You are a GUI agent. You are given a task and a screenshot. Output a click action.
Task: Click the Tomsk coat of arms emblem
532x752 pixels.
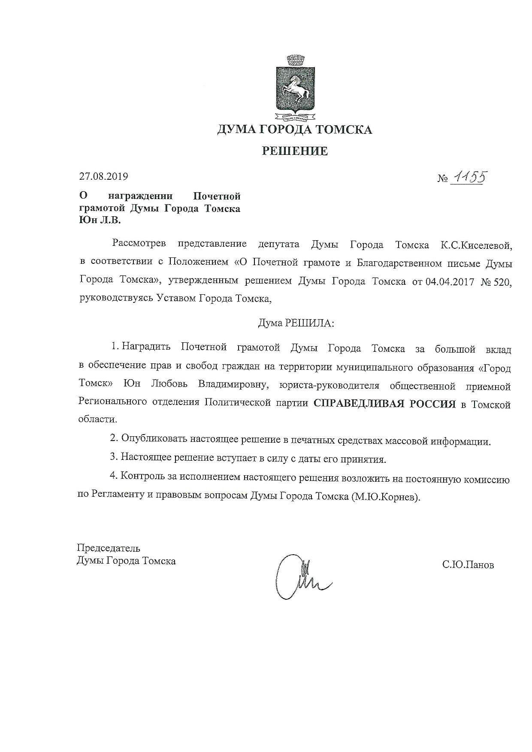pyautogui.click(x=295, y=88)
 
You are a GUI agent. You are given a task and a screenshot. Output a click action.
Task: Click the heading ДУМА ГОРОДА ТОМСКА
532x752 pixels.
pyautogui.click(x=295, y=130)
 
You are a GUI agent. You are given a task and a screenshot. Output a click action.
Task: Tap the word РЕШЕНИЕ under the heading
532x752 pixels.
pyautogui.click(x=295, y=151)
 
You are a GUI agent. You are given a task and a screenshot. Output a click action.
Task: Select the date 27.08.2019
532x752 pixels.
pyautogui.click(x=103, y=176)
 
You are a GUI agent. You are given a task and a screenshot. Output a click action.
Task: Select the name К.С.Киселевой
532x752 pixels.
pyautogui.click(x=477, y=245)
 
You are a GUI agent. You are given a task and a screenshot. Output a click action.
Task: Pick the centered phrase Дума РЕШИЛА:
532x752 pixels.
pyautogui.click(x=296, y=323)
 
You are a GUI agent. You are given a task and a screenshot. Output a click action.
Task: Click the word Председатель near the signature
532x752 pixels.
pyautogui.click(x=109, y=548)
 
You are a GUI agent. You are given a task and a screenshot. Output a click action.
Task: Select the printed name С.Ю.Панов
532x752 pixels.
pyautogui.click(x=468, y=565)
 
